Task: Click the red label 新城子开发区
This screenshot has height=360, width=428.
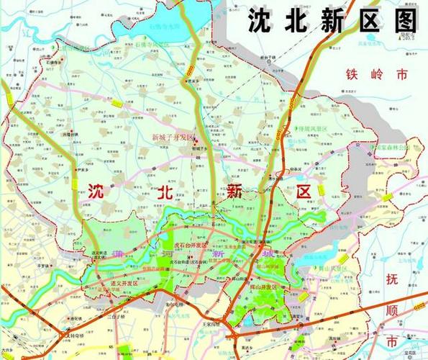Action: pos(173,137)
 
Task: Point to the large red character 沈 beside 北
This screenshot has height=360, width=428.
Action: pos(97,191)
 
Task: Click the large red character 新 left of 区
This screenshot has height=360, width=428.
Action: pos(234,191)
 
